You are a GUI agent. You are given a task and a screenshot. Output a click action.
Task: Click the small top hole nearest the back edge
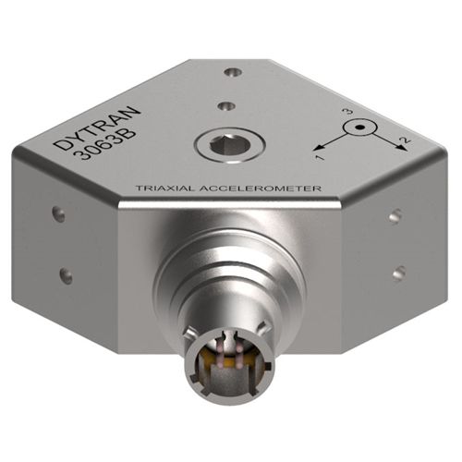point(234,71)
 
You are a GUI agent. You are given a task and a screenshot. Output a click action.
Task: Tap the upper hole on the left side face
point(59,214)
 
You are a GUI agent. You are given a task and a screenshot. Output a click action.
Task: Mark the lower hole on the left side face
point(66,274)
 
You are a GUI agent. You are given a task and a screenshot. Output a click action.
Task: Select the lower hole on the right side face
point(398,272)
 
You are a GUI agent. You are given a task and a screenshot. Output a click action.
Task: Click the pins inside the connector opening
point(230,366)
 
